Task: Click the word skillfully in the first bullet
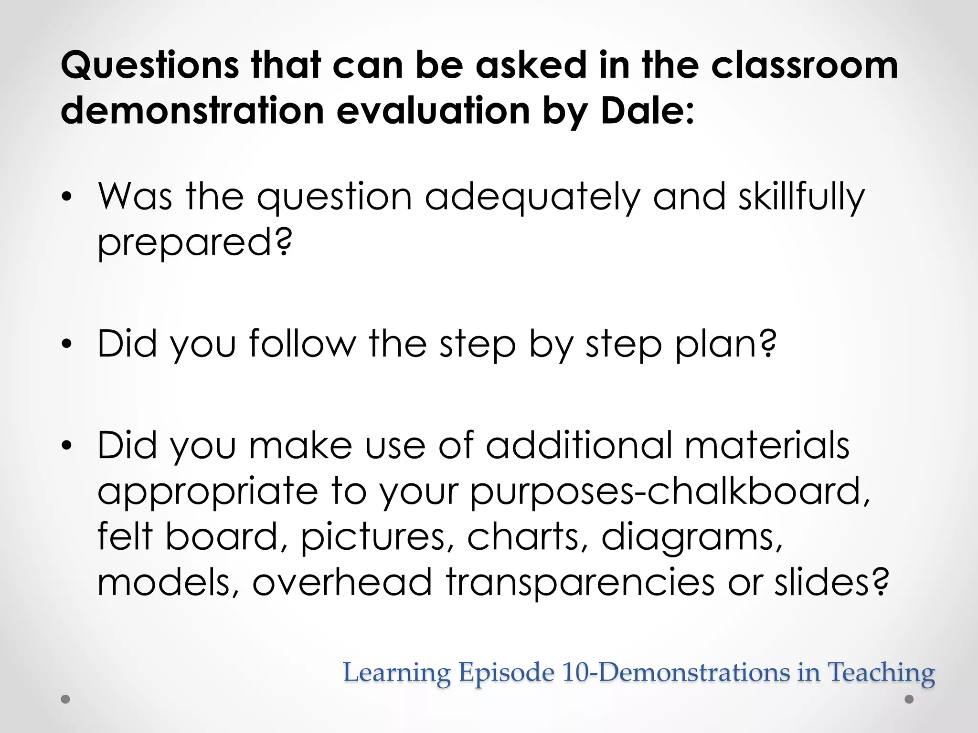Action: (801, 198)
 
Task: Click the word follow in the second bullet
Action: (302, 344)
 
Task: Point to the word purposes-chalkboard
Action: (670, 492)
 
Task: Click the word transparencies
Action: (580, 582)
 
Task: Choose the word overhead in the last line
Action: (342, 582)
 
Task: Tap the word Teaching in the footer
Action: (881, 672)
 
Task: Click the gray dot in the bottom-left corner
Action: (66, 700)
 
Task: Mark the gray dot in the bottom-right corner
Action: (909, 700)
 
